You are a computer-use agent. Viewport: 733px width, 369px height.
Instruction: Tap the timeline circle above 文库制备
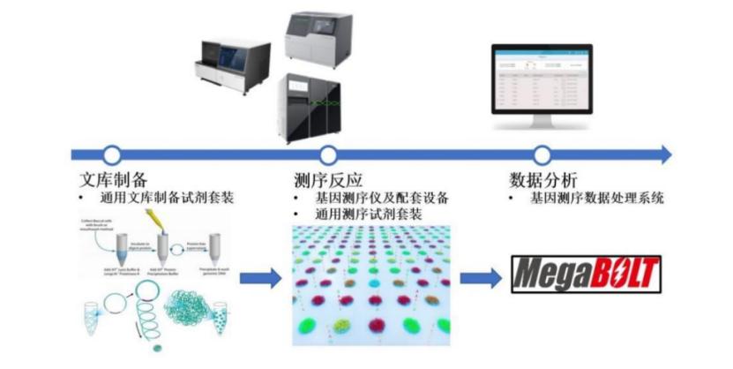click(111, 154)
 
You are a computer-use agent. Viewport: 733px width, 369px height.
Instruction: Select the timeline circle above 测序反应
click(328, 154)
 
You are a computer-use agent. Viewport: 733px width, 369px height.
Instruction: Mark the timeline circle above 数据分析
click(542, 154)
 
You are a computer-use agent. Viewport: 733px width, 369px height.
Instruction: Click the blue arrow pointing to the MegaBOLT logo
click(482, 277)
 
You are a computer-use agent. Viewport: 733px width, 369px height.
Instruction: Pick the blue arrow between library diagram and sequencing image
click(261, 277)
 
